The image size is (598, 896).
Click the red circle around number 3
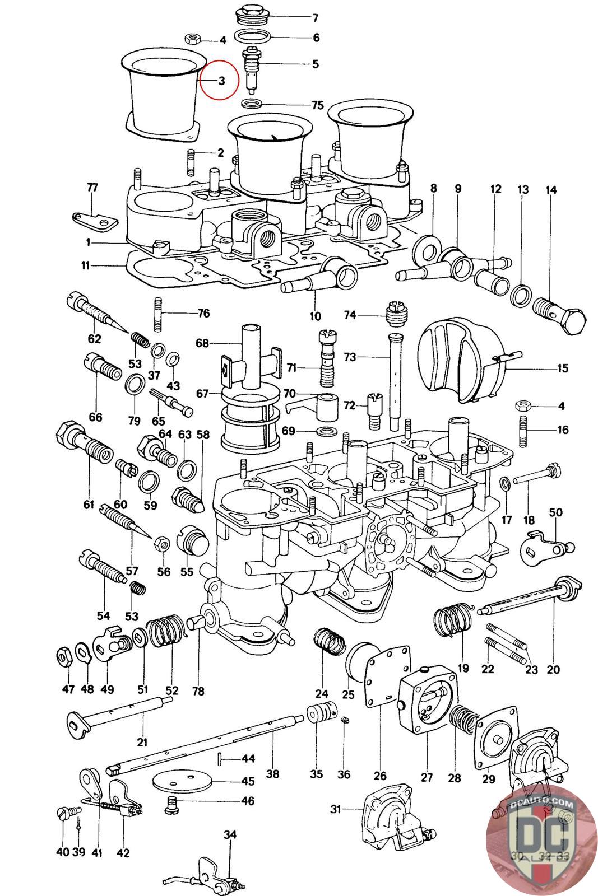click(220, 80)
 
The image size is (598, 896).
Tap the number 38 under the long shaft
click(272, 774)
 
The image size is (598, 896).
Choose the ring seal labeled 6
click(254, 38)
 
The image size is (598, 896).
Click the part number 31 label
click(335, 809)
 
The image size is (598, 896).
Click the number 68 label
click(202, 342)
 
